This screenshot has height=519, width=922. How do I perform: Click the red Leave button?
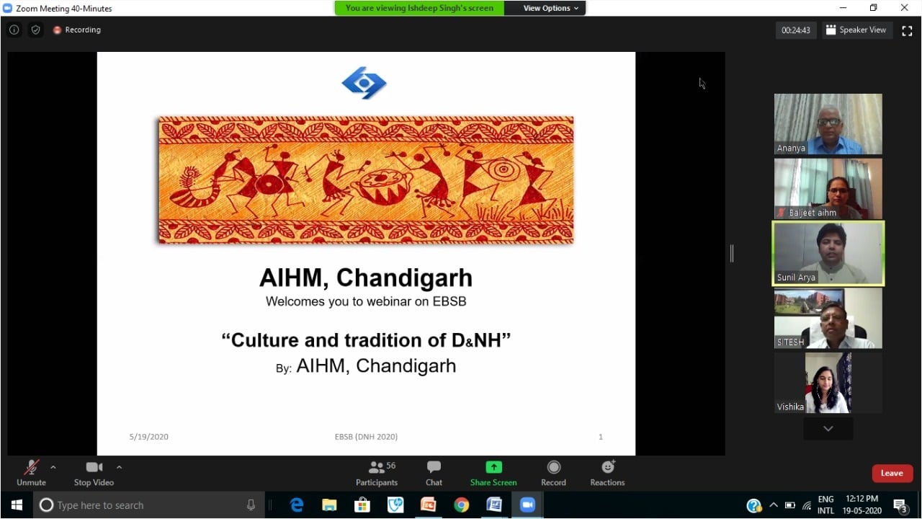892,474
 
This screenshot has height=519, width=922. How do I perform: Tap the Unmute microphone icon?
31,468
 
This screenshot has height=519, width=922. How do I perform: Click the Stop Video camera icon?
94,467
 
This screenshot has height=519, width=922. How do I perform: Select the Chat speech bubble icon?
434,466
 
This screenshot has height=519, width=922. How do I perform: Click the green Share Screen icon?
493,467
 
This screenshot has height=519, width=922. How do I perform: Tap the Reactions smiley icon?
608,466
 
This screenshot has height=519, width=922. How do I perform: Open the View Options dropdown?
550,8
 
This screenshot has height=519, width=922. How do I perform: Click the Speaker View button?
856,30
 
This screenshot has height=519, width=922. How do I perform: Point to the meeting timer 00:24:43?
796,30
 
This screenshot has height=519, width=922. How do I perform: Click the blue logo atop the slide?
364,83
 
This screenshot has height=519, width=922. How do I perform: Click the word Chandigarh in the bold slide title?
405,278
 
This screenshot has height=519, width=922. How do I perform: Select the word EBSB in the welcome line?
449,301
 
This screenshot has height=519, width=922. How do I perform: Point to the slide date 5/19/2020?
148,437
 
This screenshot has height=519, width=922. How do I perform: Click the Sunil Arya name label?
796,278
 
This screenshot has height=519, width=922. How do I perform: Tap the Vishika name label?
790,407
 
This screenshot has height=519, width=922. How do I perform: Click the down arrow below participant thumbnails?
828,429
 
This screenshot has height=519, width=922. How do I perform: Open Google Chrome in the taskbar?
462,505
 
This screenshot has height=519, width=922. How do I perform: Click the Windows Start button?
17,505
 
